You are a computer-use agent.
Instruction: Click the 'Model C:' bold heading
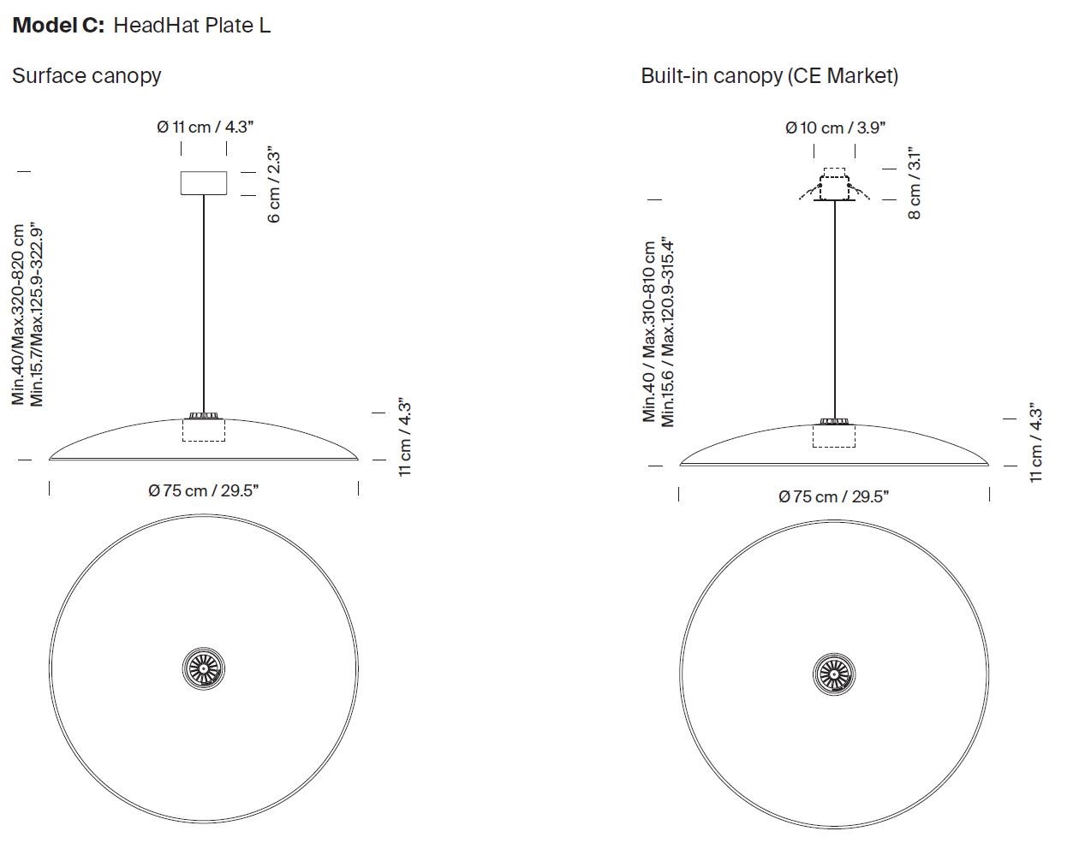58,25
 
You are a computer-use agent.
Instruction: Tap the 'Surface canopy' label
86,76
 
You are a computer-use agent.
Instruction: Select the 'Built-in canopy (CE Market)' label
769,76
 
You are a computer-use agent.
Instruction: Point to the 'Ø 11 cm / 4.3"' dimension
205,127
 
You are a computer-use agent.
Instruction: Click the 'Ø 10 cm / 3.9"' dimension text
835,128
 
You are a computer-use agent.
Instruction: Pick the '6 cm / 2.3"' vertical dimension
274,184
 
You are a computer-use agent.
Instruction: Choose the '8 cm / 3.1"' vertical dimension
914,183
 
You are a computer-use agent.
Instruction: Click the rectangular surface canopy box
204,183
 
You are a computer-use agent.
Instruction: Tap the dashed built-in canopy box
834,184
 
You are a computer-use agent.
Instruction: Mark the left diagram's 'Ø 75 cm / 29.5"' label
204,490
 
